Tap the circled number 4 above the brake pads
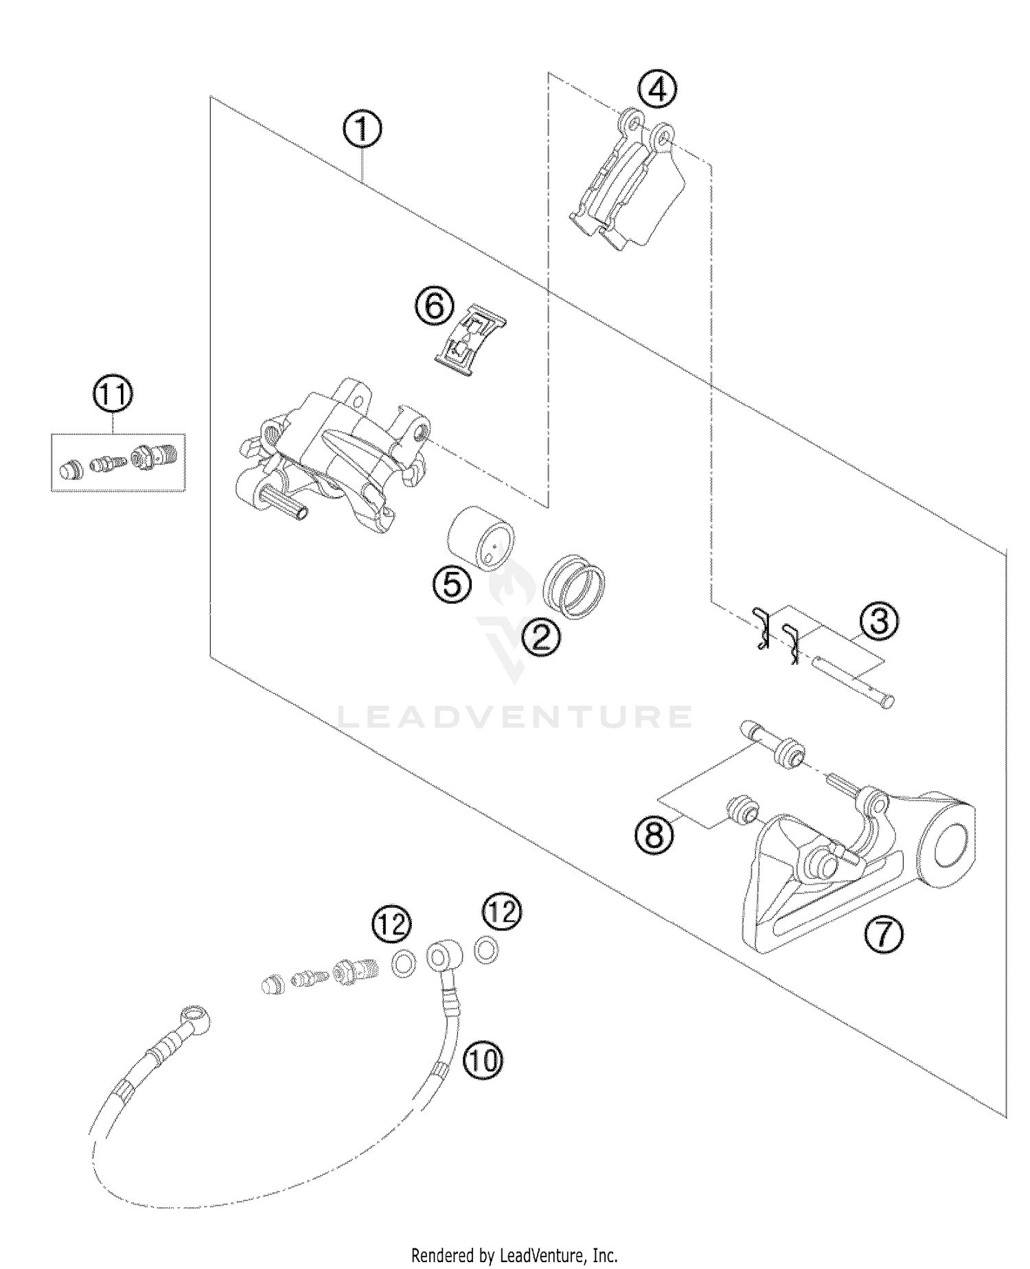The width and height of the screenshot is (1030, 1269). [657, 89]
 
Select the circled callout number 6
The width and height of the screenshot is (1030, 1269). [433, 306]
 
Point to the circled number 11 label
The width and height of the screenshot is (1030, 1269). [113, 396]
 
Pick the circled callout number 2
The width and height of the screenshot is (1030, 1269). [540, 638]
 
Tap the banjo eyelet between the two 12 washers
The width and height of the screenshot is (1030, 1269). [439, 954]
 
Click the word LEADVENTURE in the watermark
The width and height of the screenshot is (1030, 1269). [515, 717]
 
